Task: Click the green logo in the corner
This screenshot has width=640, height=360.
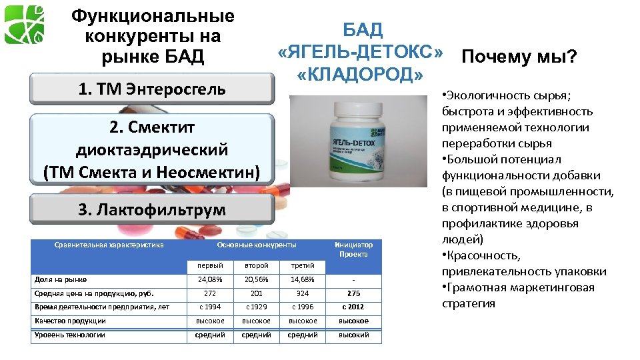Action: tap(25, 24)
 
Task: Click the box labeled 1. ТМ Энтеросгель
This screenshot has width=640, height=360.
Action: tap(152, 88)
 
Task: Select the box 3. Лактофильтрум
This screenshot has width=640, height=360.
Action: tap(152, 210)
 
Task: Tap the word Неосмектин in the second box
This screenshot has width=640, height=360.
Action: tap(210, 172)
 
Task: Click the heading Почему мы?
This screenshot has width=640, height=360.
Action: tap(518, 57)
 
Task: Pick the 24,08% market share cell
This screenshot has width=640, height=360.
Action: tap(210, 280)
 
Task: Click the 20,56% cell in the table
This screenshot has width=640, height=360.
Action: tap(257, 280)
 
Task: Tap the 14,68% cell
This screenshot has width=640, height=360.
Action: tap(303, 280)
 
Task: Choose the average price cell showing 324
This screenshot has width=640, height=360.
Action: tap(303, 293)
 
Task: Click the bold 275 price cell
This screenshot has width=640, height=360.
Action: tap(354, 293)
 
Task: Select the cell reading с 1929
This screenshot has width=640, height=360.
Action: tap(257, 307)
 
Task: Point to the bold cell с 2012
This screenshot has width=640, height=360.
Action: tap(354, 307)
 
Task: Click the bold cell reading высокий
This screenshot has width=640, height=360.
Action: tap(354, 335)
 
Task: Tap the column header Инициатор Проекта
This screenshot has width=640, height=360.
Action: tap(354, 249)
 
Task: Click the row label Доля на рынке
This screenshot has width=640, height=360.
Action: tap(61, 280)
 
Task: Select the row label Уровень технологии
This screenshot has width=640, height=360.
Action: tap(70, 335)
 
